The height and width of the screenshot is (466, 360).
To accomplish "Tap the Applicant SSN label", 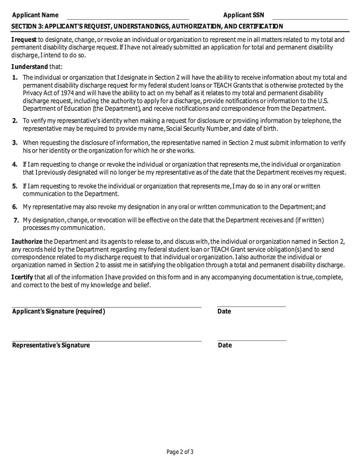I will click(x=243, y=15).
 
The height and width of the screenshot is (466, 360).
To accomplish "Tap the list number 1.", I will click(x=15, y=77).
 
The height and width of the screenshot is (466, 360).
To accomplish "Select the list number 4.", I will click(x=15, y=164).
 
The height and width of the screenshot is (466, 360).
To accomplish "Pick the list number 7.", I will click(x=16, y=220).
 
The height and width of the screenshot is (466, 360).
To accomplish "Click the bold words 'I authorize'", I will click(x=27, y=242).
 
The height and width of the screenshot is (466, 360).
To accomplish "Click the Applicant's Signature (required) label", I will click(x=58, y=312).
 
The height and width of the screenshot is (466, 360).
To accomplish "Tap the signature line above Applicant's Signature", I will click(x=107, y=308).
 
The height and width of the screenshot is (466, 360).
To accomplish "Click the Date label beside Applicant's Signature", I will click(x=224, y=312).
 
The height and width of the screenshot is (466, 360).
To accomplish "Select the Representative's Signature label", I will click(x=51, y=345).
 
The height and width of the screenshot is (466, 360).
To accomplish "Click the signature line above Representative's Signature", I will click(x=107, y=341).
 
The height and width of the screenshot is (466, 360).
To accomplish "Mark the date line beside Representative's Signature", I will click(x=252, y=341).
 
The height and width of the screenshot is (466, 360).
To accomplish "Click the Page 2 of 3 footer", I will click(x=180, y=452).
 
